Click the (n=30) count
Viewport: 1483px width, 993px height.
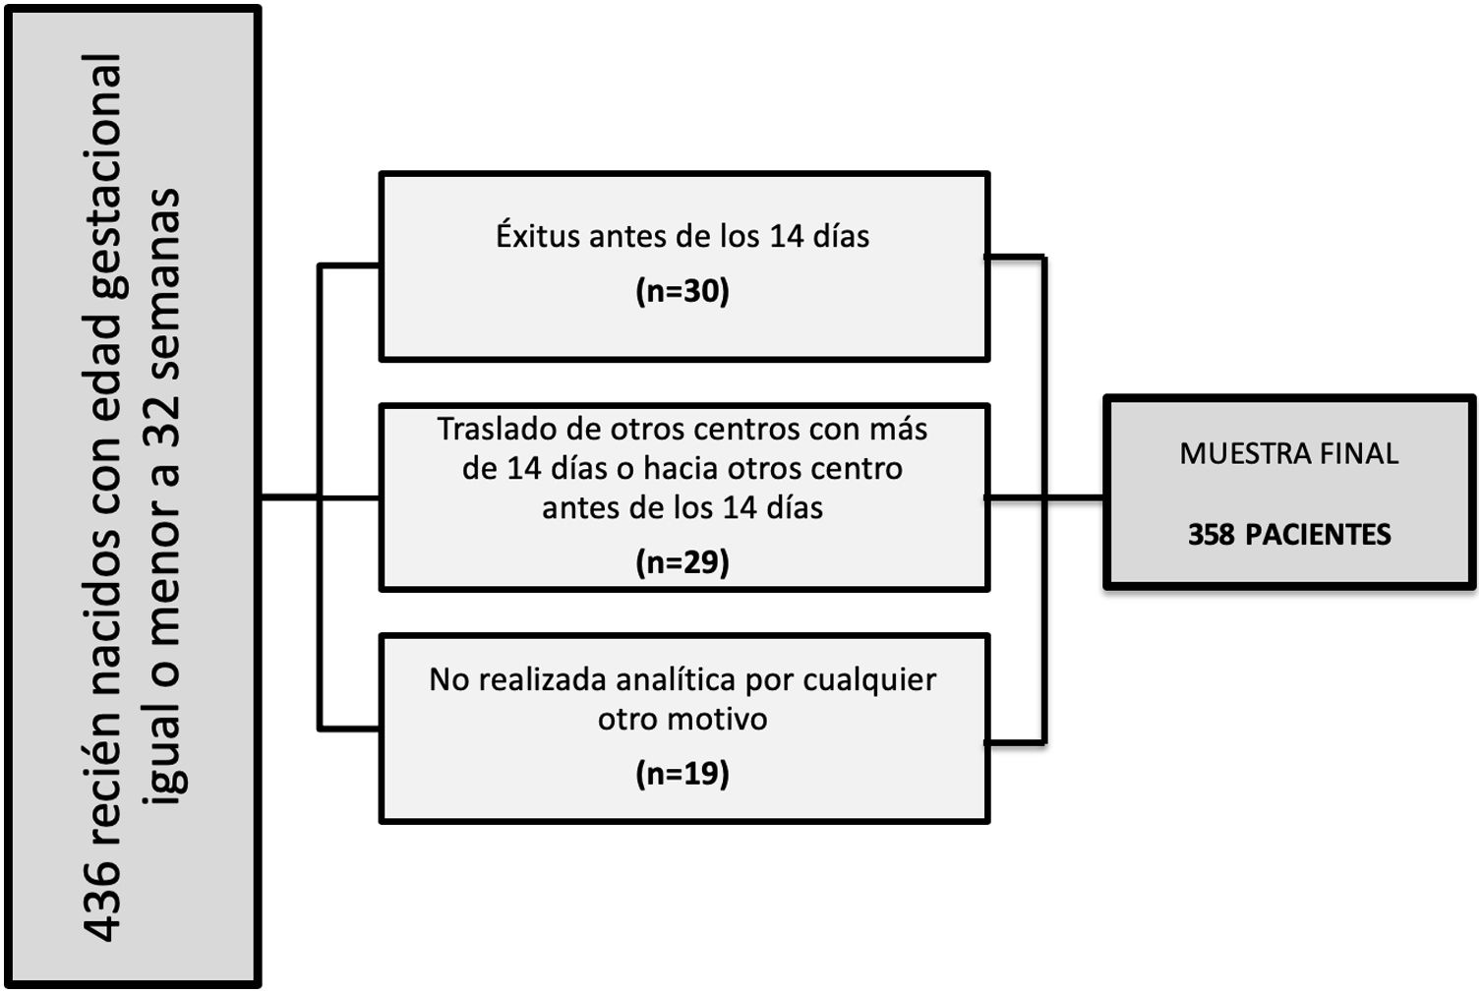coord(682,291)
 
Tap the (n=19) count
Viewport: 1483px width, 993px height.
coord(682,774)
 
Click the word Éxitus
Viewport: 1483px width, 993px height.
coord(537,236)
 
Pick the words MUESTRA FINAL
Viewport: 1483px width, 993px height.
coord(1288,453)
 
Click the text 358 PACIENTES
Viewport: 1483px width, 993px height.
coord(1288,534)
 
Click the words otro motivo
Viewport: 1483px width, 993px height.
coord(682,719)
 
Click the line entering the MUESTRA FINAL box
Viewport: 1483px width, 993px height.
coord(1074,497)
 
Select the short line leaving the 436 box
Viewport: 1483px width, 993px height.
coord(289,497)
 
